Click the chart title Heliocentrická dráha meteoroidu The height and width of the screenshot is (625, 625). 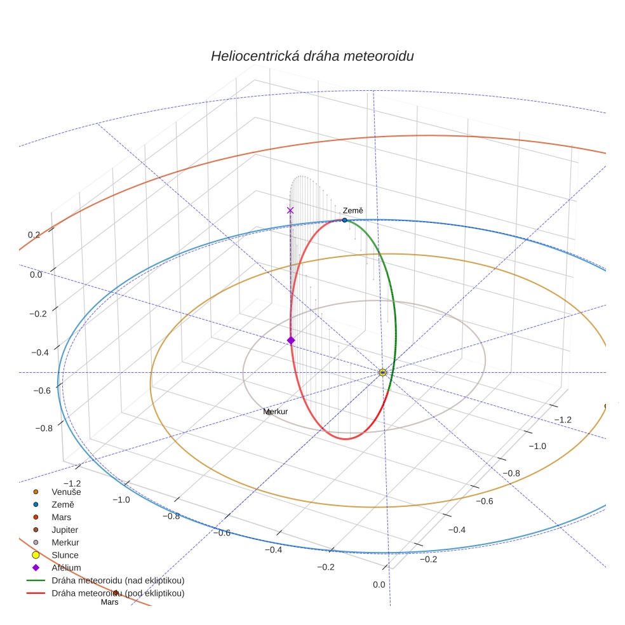(x=312, y=56)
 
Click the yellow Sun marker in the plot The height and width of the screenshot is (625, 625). (x=382, y=373)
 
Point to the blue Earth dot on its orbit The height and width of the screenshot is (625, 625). (x=345, y=220)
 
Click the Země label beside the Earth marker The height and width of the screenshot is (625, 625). (x=353, y=210)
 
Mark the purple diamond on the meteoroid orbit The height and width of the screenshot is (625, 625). (x=291, y=340)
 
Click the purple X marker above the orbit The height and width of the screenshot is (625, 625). (x=290, y=210)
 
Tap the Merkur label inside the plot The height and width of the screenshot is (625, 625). (x=275, y=412)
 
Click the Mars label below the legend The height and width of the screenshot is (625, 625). (x=110, y=602)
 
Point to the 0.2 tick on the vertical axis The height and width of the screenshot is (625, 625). (x=34, y=235)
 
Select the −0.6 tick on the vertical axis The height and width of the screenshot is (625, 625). (x=42, y=390)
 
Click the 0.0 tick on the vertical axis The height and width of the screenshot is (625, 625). (x=36, y=274)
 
